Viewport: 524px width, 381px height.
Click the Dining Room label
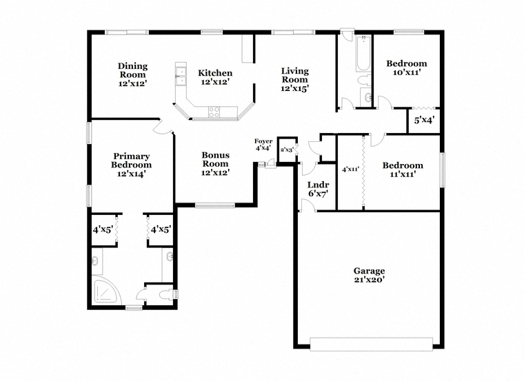(132, 70)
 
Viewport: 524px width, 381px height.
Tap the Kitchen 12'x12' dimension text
(215, 82)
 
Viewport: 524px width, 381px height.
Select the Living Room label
(295, 75)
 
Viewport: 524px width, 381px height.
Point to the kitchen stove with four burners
(214, 112)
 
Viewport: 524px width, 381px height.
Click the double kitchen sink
(181, 76)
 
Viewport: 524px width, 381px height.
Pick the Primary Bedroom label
(131, 161)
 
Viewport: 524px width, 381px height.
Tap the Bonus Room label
(216, 159)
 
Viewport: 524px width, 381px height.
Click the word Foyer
(263, 141)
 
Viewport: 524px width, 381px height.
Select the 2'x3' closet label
(287, 150)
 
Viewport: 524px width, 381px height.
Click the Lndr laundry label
(318, 185)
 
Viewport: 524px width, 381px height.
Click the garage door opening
(371, 344)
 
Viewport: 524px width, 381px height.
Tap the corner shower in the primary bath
(105, 290)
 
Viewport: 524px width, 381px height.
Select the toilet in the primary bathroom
(167, 294)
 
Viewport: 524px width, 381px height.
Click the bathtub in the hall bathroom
(363, 54)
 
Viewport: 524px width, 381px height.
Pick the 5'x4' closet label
(424, 120)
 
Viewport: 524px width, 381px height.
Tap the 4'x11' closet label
(350, 169)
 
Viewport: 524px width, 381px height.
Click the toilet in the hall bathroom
(363, 81)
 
